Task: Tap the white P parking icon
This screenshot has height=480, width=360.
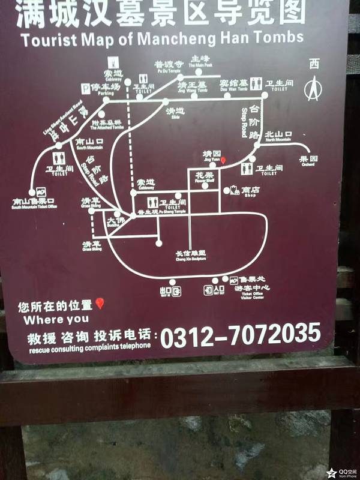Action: coord(86,88)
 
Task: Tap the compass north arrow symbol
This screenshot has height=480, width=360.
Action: coord(312,90)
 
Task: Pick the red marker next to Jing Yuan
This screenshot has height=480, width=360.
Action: coord(223,161)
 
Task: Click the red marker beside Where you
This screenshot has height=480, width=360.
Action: coord(100,304)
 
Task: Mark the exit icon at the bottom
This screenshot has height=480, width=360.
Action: coord(176,292)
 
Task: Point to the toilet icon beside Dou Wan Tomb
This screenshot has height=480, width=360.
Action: coord(256,83)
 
